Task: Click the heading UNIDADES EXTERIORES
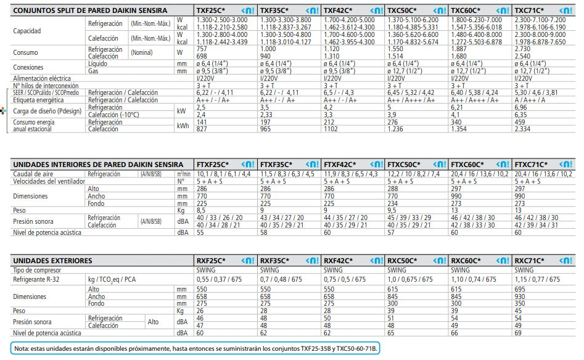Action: click(x=53, y=261)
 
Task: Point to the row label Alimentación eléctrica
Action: click(x=42, y=79)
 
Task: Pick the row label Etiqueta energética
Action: click(x=38, y=100)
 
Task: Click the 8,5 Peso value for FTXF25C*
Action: click(x=201, y=210)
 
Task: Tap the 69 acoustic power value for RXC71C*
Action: click(x=518, y=333)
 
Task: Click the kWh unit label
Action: click(x=183, y=126)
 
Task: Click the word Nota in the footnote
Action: click(x=22, y=348)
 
